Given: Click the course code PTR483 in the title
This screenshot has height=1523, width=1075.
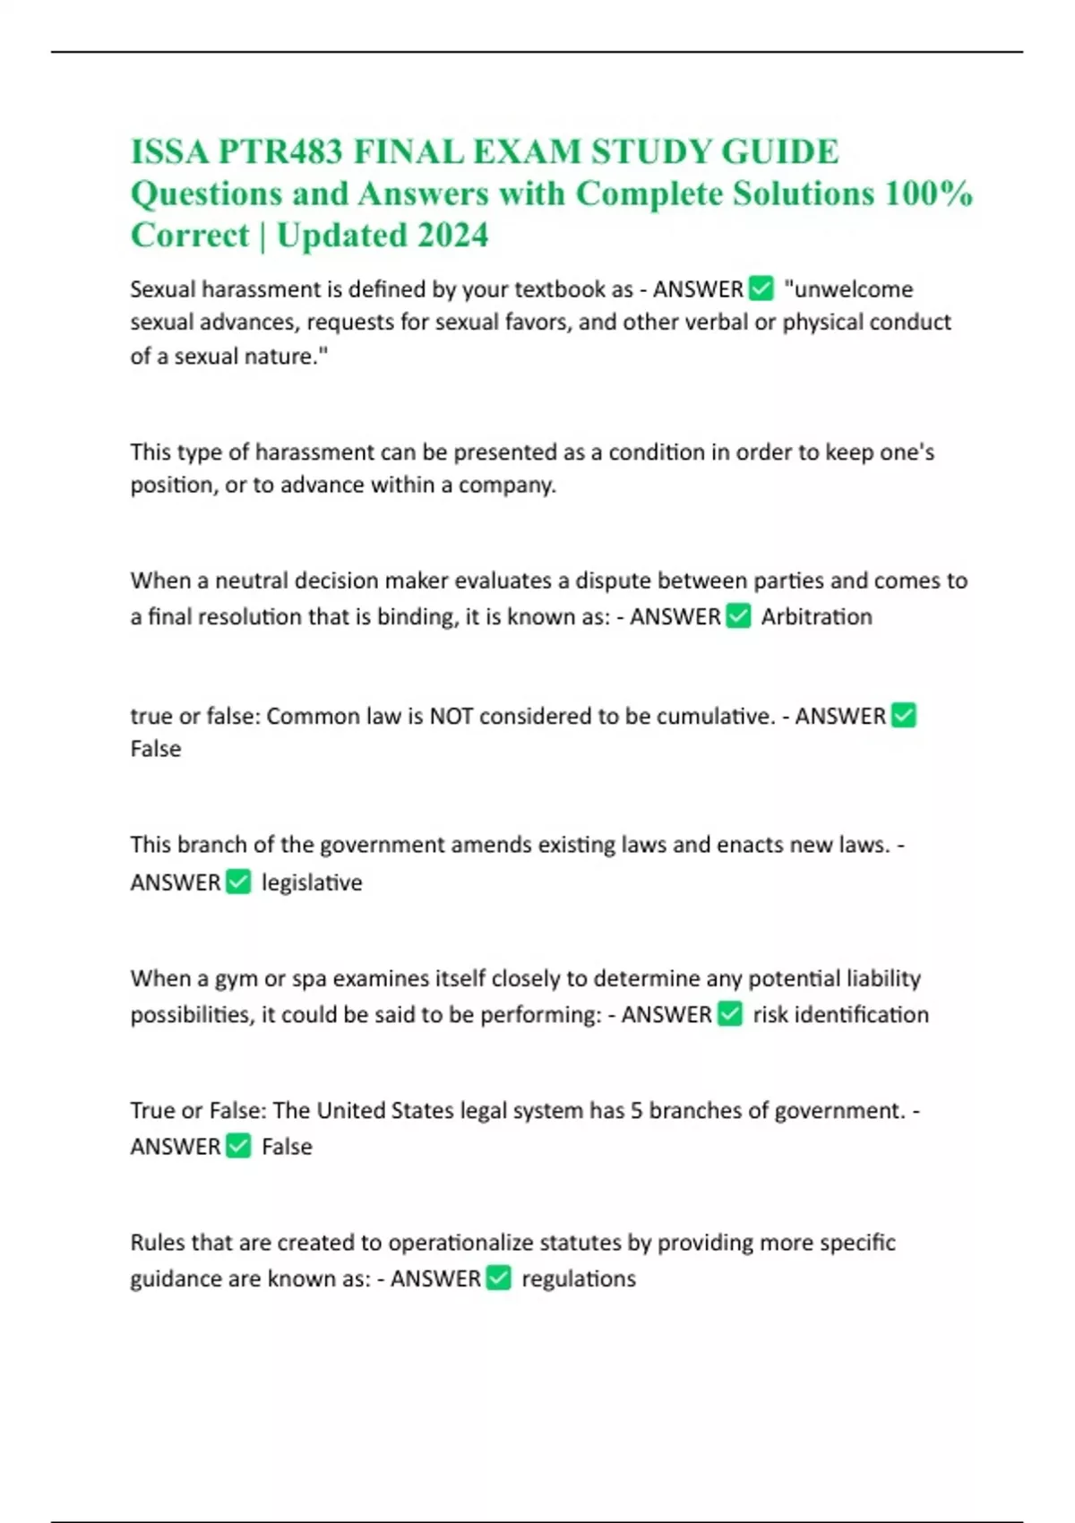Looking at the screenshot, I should tap(280, 152).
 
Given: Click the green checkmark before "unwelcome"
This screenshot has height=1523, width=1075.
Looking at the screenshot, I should tap(761, 288).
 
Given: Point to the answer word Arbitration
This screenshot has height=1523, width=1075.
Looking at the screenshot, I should tap(816, 616).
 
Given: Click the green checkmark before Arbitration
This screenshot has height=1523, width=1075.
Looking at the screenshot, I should tap(738, 616).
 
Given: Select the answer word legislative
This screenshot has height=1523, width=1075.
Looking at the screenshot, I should tap(312, 882).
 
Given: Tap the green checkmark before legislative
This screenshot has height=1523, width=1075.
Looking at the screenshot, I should tap(238, 882).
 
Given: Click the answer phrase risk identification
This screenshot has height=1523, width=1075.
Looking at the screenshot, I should tap(840, 1014).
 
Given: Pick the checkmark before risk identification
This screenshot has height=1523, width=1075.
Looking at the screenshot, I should tap(730, 1014).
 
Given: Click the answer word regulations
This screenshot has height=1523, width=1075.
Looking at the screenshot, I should tap(579, 1278).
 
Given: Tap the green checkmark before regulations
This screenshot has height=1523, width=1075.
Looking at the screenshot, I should tap(499, 1278).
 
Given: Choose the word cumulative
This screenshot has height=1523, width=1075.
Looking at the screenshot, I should tap(714, 716).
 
